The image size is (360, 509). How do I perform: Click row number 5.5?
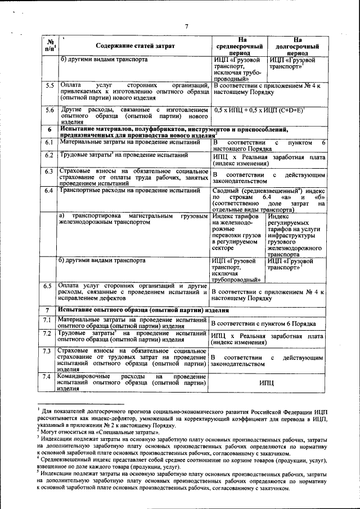[49, 85]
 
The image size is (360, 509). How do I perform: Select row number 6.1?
[49, 143]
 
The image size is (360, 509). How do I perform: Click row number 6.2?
[49, 155]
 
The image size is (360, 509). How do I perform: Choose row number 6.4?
[49, 190]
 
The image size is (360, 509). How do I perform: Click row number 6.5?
[49, 286]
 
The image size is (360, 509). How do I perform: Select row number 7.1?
[49, 320]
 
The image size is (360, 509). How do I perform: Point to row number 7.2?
[49, 334]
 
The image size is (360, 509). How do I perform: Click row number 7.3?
[49, 352]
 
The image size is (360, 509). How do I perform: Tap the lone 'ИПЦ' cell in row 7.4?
[267, 382]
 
